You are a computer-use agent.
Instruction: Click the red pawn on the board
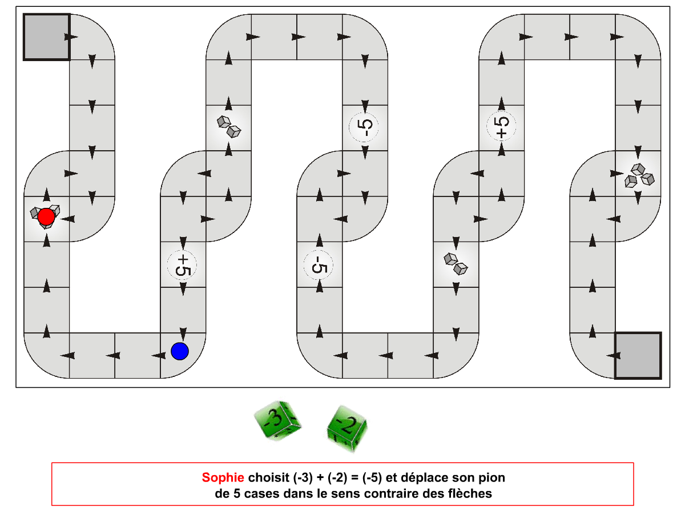46,216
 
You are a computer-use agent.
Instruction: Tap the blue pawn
180,351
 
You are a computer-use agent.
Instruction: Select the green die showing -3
277,420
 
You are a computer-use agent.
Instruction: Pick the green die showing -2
347,428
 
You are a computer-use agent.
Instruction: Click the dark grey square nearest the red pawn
46,37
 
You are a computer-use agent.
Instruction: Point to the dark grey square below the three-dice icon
638,355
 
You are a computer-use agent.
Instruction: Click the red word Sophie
223,478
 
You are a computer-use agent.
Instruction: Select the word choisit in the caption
269,478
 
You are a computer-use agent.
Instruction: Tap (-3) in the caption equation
303,478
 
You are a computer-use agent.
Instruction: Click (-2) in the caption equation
337,478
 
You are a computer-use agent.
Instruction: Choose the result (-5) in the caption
372,478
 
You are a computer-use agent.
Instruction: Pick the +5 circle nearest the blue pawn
183,265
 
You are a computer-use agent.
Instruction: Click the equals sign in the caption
354,478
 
